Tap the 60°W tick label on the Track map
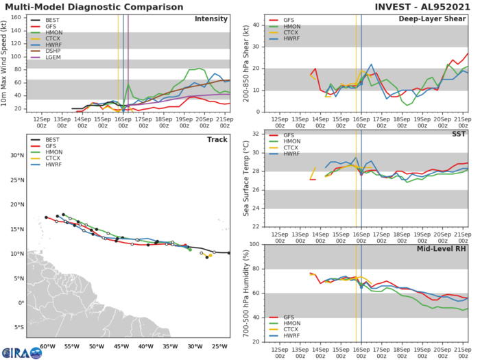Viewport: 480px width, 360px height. tap(46, 346)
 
